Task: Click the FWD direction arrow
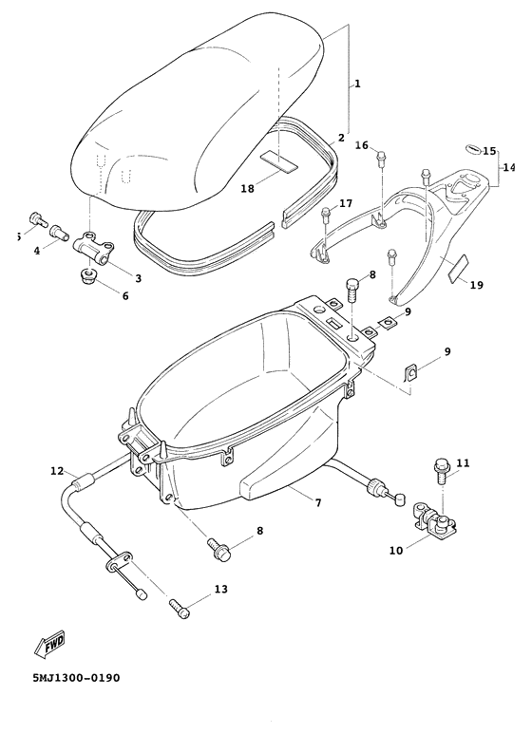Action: click(x=47, y=646)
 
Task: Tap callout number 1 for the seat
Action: click(x=357, y=85)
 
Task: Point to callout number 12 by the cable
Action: click(x=57, y=470)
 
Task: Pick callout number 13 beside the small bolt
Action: click(x=220, y=590)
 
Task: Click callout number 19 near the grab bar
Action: click(x=476, y=284)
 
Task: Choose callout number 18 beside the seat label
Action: click(x=247, y=188)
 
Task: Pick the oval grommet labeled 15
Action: click(x=469, y=148)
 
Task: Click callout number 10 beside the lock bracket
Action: click(x=394, y=548)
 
